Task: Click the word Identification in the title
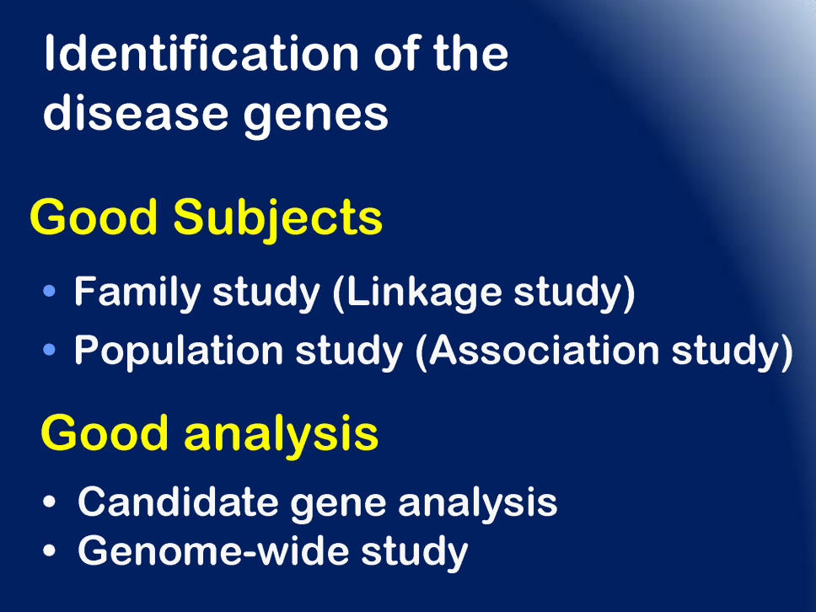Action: pyautogui.click(x=201, y=53)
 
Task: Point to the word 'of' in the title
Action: pyautogui.click(x=396, y=53)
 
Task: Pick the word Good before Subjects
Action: pyautogui.click(x=94, y=217)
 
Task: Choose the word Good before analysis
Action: pyautogui.click(x=104, y=433)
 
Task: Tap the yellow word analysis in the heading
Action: pyautogui.click(x=281, y=436)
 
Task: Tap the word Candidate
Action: pyautogui.click(x=178, y=502)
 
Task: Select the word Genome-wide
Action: pyautogui.click(x=213, y=551)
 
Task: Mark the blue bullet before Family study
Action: pyautogui.click(x=50, y=291)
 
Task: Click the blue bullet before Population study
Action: pyautogui.click(x=50, y=350)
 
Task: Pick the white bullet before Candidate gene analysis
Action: pyautogui.click(x=50, y=502)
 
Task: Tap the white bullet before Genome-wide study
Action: pyautogui.click(x=50, y=551)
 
